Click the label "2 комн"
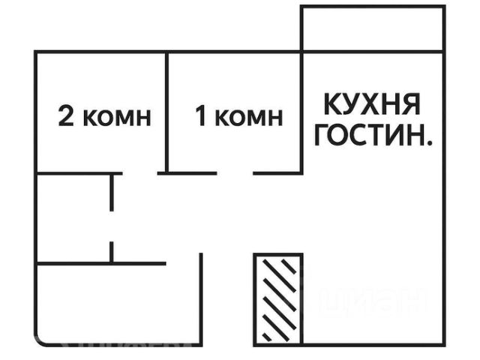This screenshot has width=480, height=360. click(105, 117)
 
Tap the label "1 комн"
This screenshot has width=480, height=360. click(239, 117)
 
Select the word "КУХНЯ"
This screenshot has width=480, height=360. click(373, 103)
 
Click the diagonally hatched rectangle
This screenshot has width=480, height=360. click(277, 298)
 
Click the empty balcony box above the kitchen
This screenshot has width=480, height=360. click(373, 29)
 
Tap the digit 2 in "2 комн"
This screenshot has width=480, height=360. click(66, 117)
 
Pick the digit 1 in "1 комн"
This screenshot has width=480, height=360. click(200, 117)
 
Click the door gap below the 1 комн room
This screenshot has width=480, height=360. click(235, 173)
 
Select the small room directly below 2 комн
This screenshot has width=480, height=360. click(73, 217)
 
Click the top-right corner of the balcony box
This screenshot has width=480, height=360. click(445, 7)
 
